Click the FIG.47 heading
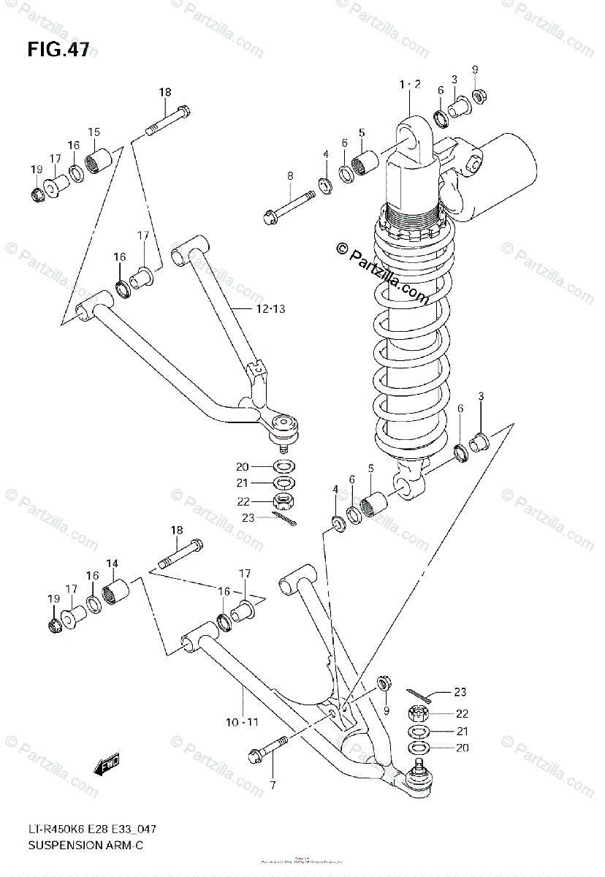click(x=58, y=50)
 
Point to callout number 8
click(x=290, y=175)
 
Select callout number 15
click(x=94, y=132)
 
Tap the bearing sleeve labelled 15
click(x=103, y=161)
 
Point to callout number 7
click(x=272, y=785)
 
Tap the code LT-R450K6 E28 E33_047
click(x=91, y=829)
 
